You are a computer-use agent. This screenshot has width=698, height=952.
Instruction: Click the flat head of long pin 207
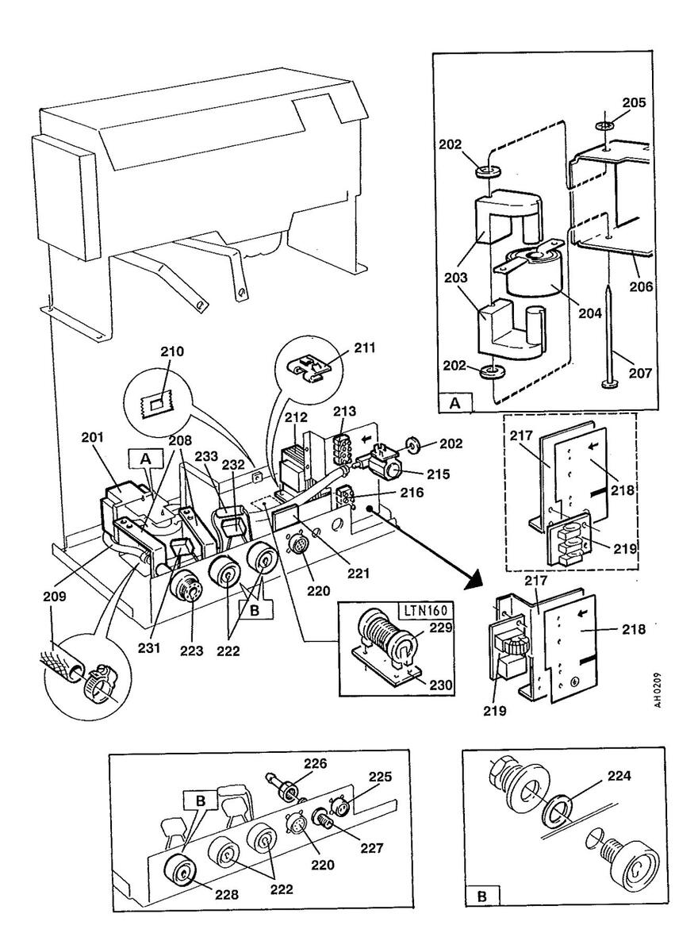[x=608, y=386]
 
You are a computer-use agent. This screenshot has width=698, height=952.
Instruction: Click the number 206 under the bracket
[x=640, y=287]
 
